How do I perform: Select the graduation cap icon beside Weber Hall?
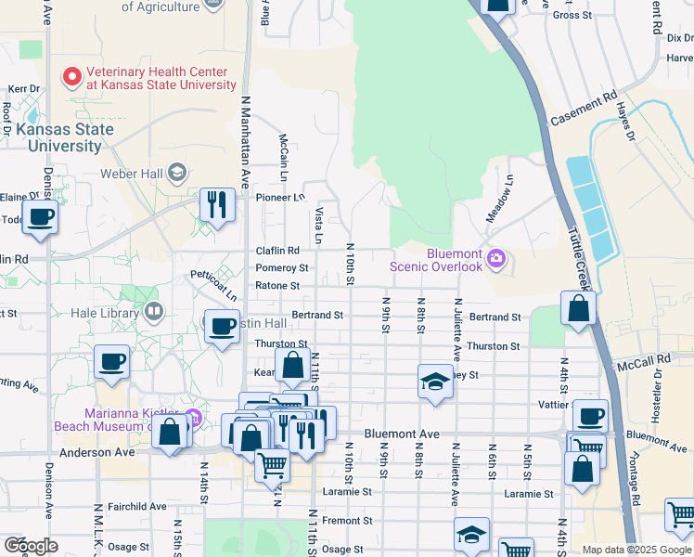[179, 173]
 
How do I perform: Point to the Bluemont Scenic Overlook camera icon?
[496, 257]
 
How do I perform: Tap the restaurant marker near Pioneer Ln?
[217, 204]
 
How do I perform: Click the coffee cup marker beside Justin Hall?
[222, 327]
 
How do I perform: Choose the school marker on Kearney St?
[434, 382]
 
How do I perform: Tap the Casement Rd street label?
[584, 110]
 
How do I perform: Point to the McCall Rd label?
[649, 359]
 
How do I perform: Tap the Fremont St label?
[347, 521]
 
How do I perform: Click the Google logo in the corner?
[31, 546]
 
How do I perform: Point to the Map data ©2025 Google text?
[636, 550]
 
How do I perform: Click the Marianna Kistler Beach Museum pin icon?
[192, 415]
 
